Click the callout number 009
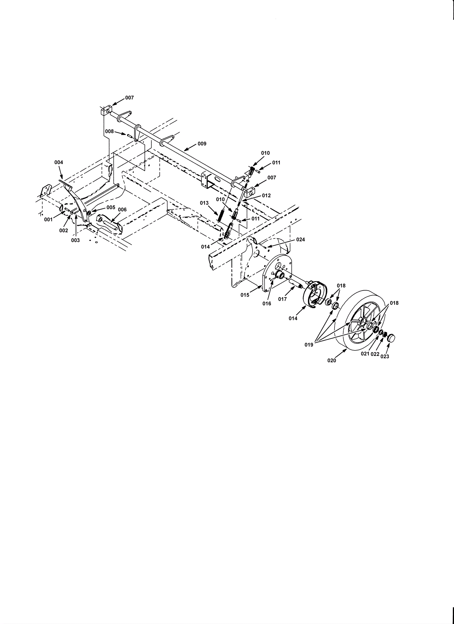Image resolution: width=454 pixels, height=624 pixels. tap(202, 144)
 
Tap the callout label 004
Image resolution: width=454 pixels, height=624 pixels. tap(59, 162)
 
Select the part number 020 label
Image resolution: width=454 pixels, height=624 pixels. tap(331, 360)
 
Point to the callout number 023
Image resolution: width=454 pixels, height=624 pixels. tap(385, 356)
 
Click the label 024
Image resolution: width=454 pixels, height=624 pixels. tap(300, 239)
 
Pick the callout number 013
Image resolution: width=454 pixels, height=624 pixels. tap(204, 203)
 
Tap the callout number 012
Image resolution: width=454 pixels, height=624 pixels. tap(266, 196)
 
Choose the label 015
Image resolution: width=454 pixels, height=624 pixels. tap(245, 295)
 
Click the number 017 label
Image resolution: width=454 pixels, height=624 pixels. tap(283, 299)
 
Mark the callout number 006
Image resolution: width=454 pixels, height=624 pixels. tap(122, 209)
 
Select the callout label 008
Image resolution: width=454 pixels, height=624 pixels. tap(110, 131)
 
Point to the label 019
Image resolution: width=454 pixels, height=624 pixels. tap(309, 345)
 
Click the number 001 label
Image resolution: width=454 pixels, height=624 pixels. tap(48, 219)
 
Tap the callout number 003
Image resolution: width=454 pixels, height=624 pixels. tap(75, 240)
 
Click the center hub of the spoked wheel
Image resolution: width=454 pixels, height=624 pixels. tap(362, 321)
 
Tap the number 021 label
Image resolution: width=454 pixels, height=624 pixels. tap(365, 354)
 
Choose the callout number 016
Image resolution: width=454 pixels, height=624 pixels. tap(267, 303)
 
